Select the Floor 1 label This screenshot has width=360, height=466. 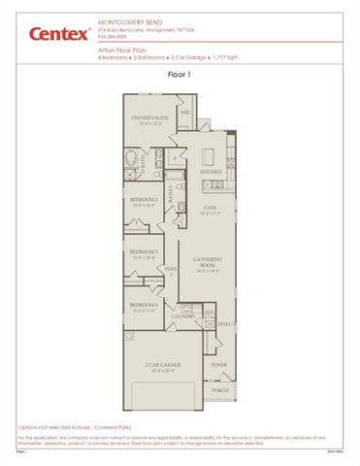pos(180,73)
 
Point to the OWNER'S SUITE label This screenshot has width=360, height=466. pos(150,119)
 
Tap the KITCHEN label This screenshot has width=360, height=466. pos(212,171)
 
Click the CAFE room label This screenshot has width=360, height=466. pos(211,207)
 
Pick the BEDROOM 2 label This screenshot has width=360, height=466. pos(144,201)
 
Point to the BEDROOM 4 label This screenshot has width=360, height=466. pos(144,307)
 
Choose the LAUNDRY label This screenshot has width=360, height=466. pos(183,316)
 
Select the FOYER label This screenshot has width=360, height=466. pos(220,364)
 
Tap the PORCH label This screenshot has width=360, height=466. pos(219,391)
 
